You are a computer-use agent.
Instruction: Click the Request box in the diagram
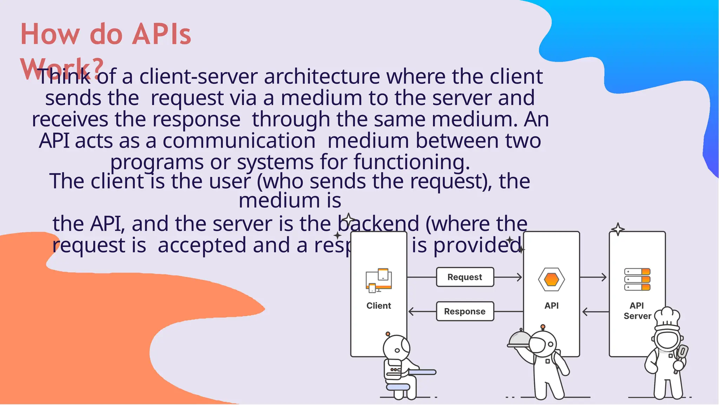465,277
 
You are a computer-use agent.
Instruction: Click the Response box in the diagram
465,311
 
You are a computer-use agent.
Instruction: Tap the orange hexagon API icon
551,280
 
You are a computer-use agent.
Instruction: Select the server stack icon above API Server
637,279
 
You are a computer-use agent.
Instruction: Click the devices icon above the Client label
378,281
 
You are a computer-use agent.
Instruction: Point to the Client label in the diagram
378,306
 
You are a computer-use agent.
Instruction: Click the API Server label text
637,311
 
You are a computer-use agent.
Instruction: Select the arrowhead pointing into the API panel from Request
519,277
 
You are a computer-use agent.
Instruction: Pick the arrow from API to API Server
593,277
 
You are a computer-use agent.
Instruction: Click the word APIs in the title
162,34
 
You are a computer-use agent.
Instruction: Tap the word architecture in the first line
322,77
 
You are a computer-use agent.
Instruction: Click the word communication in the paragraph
239,141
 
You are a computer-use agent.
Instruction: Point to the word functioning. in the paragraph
411,162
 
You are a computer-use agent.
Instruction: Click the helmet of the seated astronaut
396,348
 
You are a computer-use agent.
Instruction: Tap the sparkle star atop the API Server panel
618,229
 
